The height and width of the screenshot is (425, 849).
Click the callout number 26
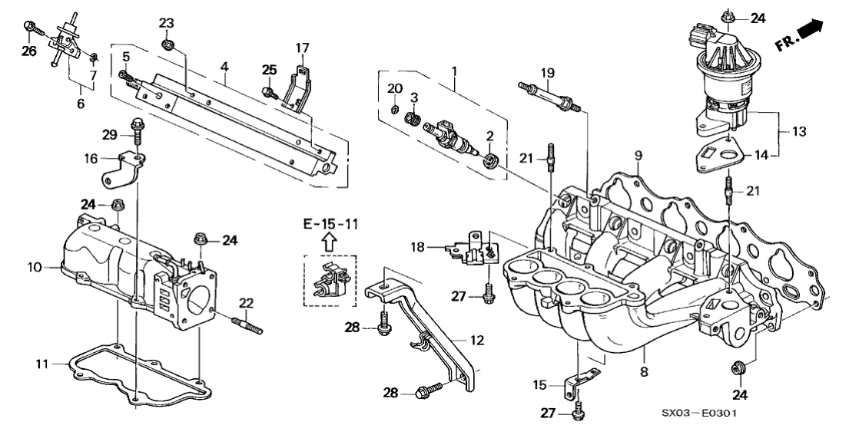(x=28, y=52)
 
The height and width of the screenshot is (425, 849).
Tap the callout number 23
(x=167, y=23)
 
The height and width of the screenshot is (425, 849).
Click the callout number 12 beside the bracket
(x=476, y=338)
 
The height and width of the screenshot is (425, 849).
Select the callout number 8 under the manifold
(x=644, y=371)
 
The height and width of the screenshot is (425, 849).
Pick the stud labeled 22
(x=247, y=329)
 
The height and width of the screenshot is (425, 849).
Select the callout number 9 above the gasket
(x=637, y=155)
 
